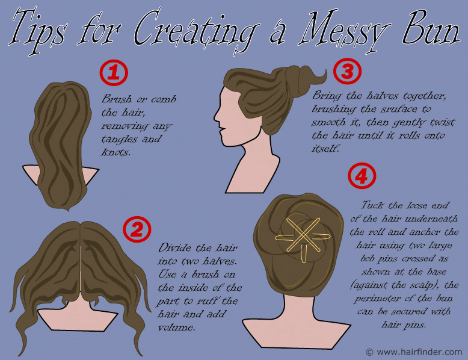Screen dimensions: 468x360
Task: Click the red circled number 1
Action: coord(114,73)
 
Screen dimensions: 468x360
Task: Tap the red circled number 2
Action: coord(137,229)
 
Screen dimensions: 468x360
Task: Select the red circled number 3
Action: coord(347,72)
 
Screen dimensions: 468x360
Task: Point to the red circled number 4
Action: coord(362,176)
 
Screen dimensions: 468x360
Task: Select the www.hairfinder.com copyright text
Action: coord(414,352)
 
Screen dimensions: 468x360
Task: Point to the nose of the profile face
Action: coord(216,117)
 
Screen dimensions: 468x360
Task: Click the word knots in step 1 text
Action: coord(116,152)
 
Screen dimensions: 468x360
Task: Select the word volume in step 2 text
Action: coord(176,327)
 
